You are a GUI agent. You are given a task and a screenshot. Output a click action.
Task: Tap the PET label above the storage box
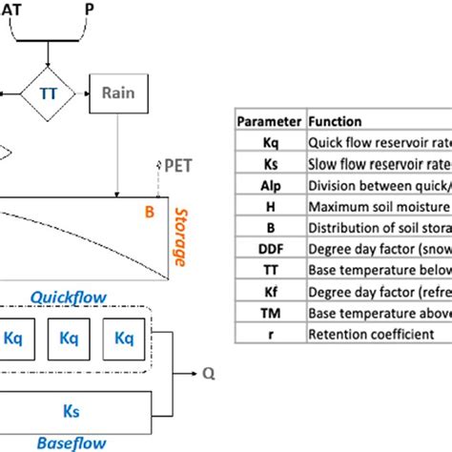pos(176,165)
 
